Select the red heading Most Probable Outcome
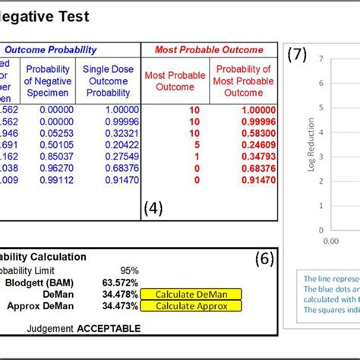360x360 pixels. (209, 50)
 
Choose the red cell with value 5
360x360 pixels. (195, 144)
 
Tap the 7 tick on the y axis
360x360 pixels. (322, 58)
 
